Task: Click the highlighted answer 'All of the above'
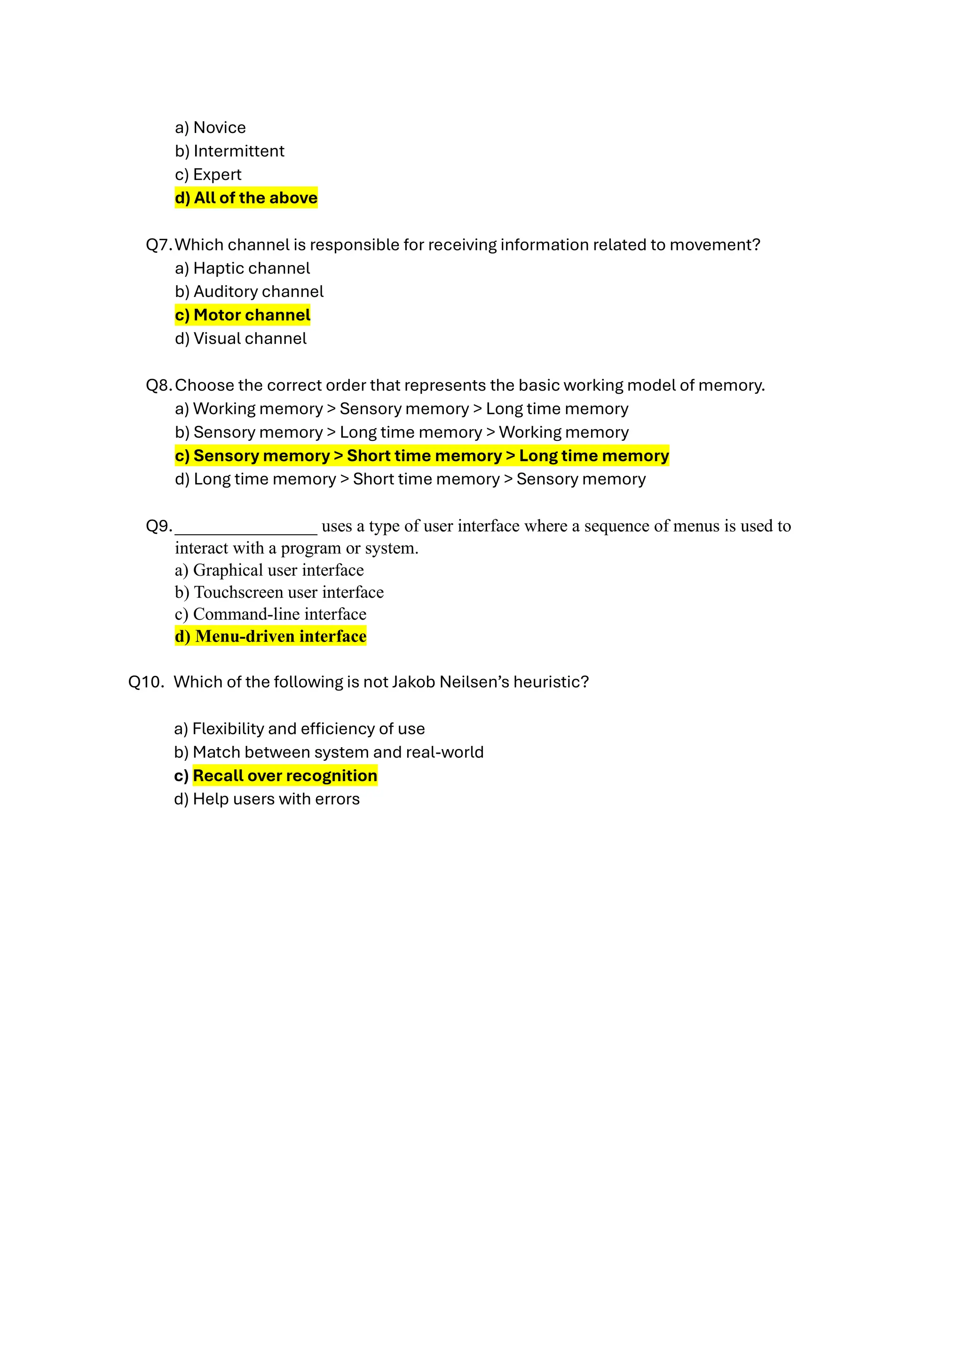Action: (x=246, y=198)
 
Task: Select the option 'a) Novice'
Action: (x=211, y=127)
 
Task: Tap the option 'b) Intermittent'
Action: (x=229, y=151)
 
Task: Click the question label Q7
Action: (x=158, y=245)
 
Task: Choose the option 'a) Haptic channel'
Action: (x=243, y=268)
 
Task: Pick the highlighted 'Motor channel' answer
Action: (x=243, y=315)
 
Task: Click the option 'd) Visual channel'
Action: (x=241, y=338)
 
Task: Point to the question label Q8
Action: (x=158, y=385)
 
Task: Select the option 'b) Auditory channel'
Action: (x=249, y=292)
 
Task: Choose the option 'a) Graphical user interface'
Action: (x=269, y=570)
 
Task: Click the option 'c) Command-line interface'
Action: (x=270, y=614)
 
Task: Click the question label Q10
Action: (x=146, y=682)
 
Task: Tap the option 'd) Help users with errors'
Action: (x=267, y=799)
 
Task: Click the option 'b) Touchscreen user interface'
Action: (x=279, y=592)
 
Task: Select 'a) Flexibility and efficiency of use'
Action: (x=300, y=729)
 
